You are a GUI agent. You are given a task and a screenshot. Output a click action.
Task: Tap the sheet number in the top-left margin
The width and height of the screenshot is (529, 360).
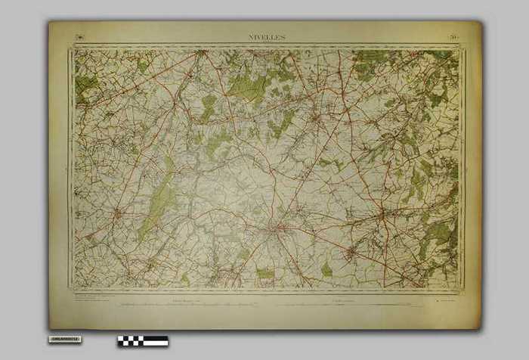click(x=79, y=36)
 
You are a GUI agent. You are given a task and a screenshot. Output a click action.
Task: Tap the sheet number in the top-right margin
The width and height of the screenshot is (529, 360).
click(x=452, y=36)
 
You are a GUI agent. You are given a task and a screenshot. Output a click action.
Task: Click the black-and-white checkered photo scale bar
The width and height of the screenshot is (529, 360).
click(x=142, y=340)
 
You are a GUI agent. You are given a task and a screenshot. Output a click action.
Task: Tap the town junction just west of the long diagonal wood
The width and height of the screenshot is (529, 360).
click(x=117, y=215)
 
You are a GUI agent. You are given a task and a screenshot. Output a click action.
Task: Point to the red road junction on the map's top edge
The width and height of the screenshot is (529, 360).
click(x=202, y=53)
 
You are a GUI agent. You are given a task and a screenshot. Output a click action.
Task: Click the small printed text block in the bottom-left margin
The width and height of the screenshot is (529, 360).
click(x=87, y=299)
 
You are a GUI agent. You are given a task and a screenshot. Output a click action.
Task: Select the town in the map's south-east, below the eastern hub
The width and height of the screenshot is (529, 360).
click(x=350, y=250)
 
